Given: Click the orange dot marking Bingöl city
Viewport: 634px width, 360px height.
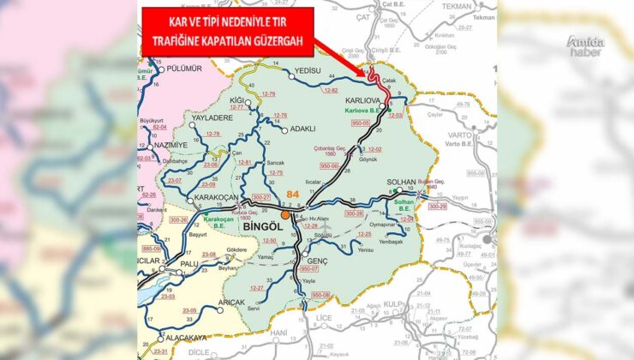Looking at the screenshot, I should click(x=285, y=215).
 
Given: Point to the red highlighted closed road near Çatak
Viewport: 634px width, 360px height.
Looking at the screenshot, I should click(x=375, y=78).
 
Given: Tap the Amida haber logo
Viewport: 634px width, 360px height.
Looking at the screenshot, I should click(x=585, y=44).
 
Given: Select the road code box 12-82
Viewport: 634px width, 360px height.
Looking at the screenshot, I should click(x=332, y=89).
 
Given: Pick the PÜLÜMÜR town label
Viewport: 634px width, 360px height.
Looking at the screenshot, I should click(x=182, y=69).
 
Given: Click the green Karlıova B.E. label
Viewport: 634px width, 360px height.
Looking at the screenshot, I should click(x=362, y=111).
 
